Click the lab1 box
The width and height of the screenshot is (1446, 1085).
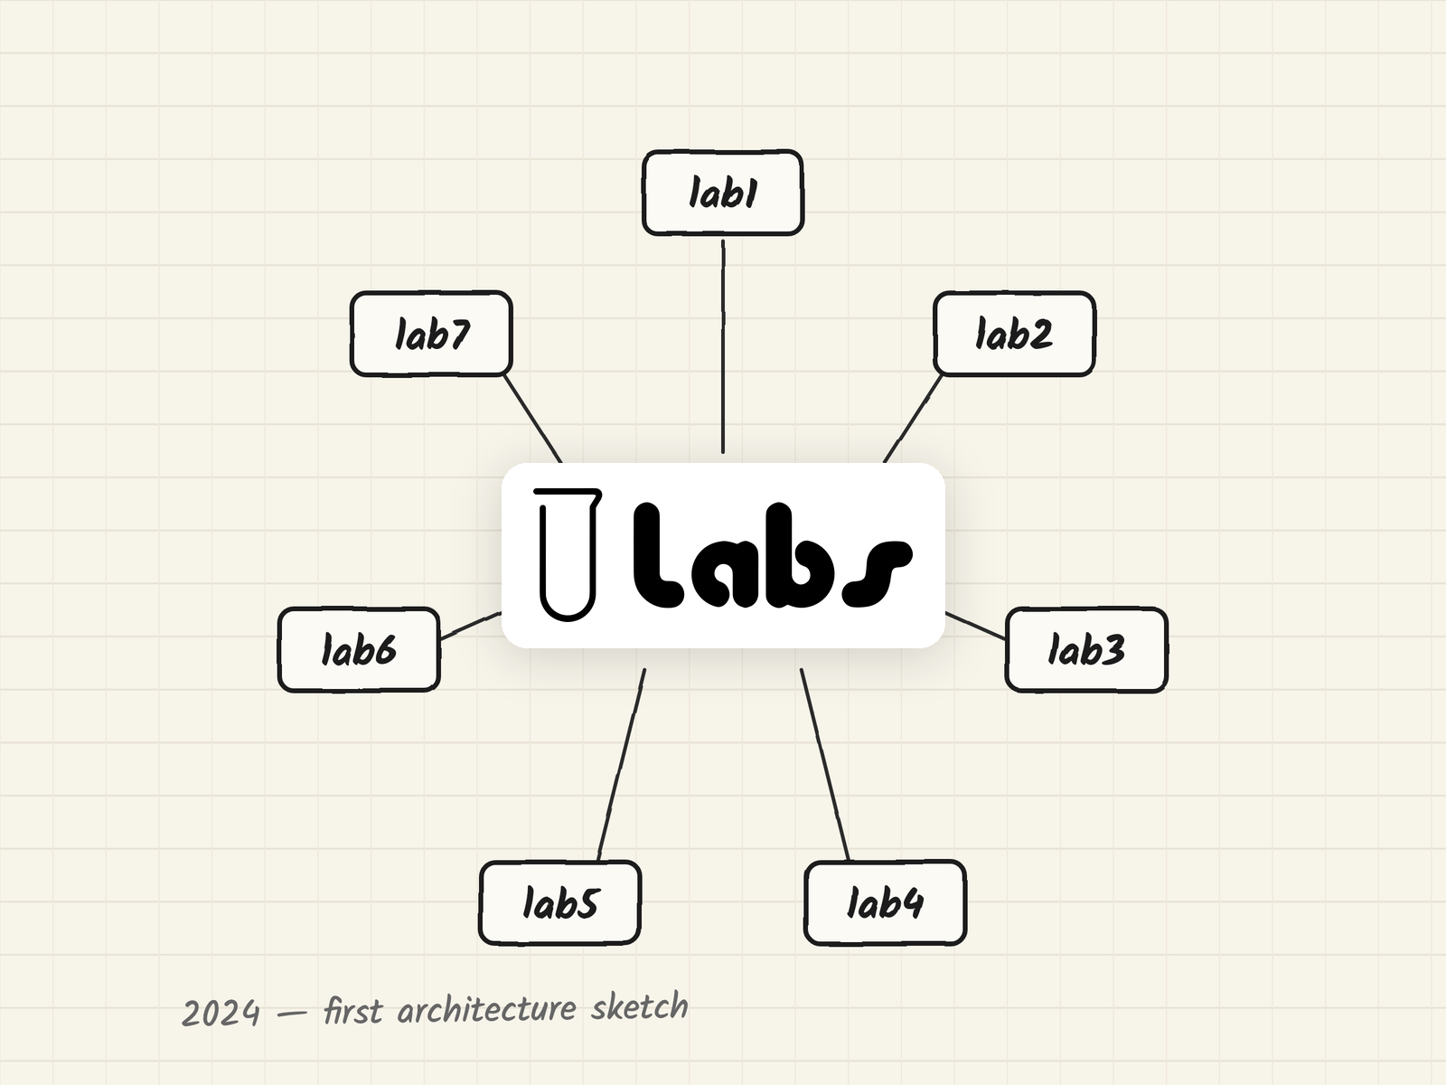[x=723, y=193]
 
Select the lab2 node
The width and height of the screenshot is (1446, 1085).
[x=1014, y=334]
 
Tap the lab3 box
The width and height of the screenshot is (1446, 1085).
[x=1086, y=649]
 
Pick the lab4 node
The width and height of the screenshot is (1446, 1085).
[x=885, y=902]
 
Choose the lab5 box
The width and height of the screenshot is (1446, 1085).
[x=560, y=902]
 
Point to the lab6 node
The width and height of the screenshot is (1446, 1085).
[x=359, y=649]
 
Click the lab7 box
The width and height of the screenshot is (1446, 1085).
[x=431, y=334]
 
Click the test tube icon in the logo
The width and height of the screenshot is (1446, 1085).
[x=568, y=554]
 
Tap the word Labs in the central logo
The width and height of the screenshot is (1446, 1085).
[x=773, y=555]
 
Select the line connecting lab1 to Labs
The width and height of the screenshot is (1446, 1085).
[x=723, y=346]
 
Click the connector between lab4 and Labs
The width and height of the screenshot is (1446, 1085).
[x=825, y=764]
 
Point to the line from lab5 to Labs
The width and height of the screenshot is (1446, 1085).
[x=621, y=764]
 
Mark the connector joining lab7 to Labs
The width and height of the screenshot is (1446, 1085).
[x=533, y=419]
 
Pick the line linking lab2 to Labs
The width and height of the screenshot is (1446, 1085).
[x=913, y=419]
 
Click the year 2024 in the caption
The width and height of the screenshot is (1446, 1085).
[x=220, y=1013]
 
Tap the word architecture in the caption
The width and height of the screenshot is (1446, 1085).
[x=487, y=1009]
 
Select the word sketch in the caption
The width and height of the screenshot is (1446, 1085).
[x=639, y=1006]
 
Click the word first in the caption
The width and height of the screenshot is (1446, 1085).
[x=352, y=1011]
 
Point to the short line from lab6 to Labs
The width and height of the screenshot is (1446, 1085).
[x=470, y=626]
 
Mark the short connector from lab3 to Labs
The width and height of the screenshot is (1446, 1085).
[x=976, y=626]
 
